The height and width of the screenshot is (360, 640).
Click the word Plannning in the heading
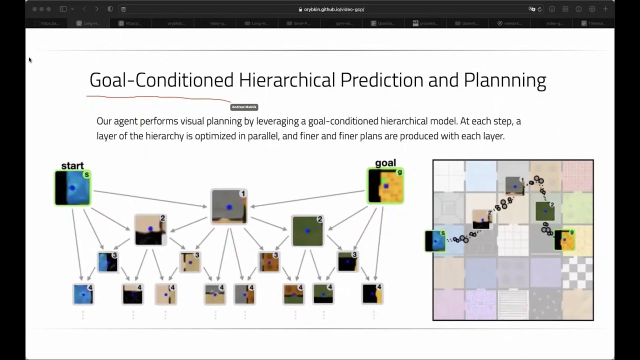click(505, 80)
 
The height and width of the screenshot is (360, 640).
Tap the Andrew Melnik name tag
click(244, 107)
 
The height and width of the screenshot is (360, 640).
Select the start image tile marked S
click(73, 188)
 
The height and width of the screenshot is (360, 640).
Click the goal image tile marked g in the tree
click(385, 186)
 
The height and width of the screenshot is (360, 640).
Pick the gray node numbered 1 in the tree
click(229, 206)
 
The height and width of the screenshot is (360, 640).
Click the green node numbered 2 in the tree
click(307, 230)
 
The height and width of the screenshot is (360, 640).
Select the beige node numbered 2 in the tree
click(150, 229)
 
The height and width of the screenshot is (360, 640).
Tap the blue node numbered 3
click(107, 262)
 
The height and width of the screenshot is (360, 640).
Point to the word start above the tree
click(72, 165)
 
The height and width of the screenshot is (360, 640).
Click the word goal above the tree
click(385, 163)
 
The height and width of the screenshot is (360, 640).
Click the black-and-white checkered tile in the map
click(577, 272)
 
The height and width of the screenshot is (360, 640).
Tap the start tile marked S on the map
click(435, 240)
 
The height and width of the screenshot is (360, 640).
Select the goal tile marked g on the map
click(564, 240)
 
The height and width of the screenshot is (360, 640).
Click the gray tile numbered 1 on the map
click(514, 186)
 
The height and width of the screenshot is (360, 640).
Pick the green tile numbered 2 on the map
click(545, 211)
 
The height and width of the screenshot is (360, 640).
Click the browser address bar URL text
click(334, 9)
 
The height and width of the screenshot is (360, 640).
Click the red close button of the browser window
click(34, 9)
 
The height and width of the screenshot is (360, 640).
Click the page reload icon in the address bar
click(539, 9)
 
